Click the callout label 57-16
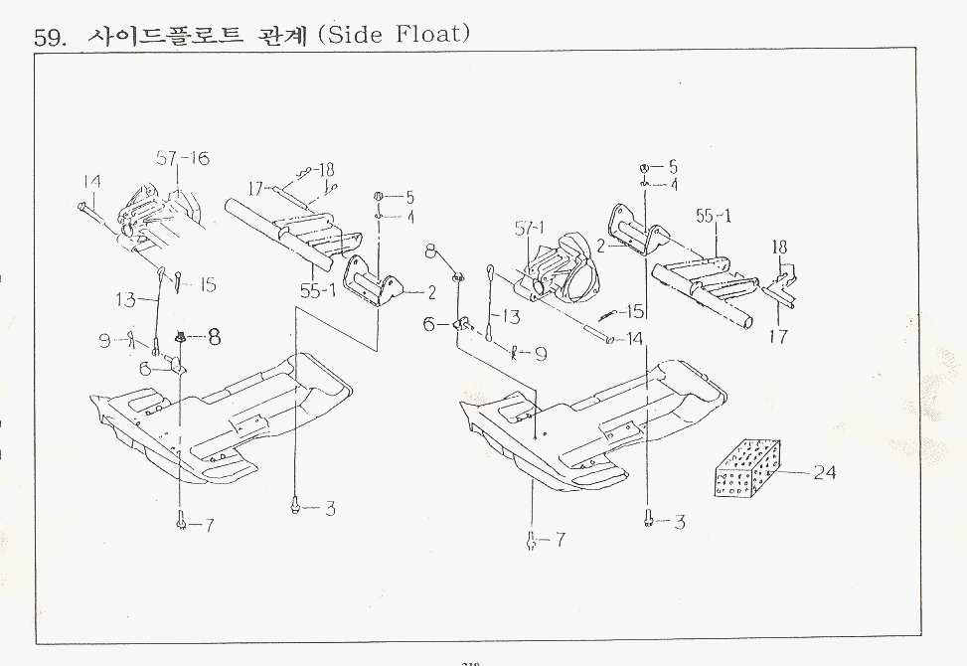point(183,158)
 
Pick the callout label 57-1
point(531,229)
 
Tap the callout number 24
point(824,473)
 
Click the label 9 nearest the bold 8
point(104,340)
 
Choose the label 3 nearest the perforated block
point(679,522)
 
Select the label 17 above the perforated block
point(778,336)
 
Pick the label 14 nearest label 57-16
point(91,181)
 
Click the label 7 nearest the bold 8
point(209,525)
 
